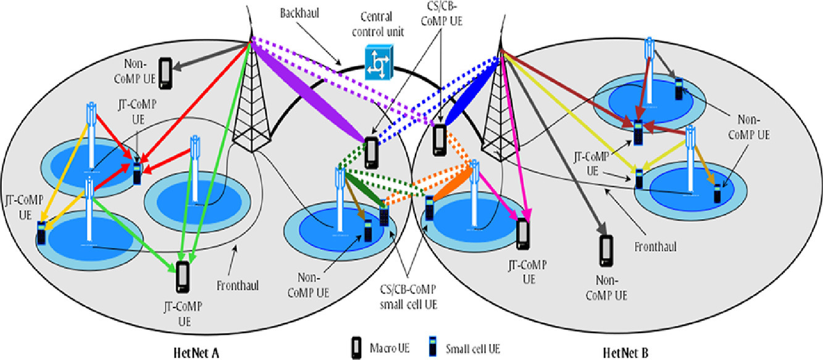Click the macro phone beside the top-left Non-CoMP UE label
point(165,72)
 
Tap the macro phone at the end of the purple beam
point(371,152)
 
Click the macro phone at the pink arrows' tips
point(523,233)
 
